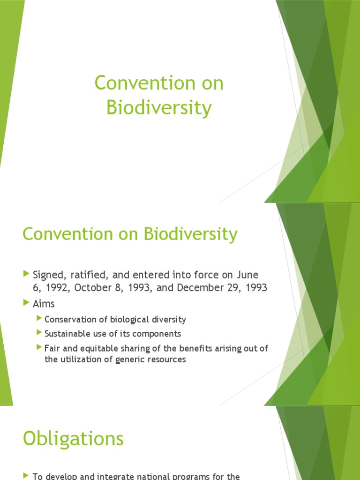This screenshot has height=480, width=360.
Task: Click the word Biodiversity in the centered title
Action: tap(159, 108)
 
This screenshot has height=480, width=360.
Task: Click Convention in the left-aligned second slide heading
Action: tap(62, 234)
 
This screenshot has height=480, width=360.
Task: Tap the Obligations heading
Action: tap(73, 439)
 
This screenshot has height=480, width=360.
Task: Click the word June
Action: tap(248, 275)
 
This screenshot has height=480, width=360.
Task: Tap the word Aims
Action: tap(44, 304)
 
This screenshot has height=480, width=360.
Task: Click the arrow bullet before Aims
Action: tap(26, 303)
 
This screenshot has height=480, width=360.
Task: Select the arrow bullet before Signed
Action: tap(26, 274)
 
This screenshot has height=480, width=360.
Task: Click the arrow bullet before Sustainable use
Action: tap(39, 333)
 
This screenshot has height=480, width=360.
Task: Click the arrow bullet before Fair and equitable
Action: tap(39, 347)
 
